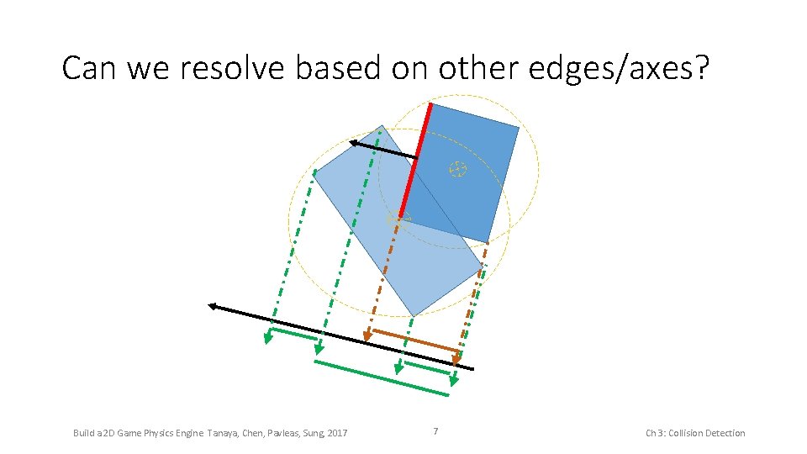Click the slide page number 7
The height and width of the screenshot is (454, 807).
pyautogui.click(x=435, y=432)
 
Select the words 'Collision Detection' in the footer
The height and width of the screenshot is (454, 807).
pyautogui.click(x=707, y=433)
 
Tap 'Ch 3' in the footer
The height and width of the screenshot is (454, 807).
pyautogui.click(x=654, y=433)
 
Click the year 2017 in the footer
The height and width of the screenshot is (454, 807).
pyautogui.click(x=337, y=433)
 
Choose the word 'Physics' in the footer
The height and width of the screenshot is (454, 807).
pyautogui.click(x=148, y=433)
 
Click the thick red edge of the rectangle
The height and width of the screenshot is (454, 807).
pyautogui.click(x=415, y=160)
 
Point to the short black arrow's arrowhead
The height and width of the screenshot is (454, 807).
pyautogui.click(x=354, y=144)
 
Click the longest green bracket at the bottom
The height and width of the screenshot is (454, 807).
pyautogui.click(x=382, y=377)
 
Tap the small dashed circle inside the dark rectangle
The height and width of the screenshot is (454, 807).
pyautogui.click(x=457, y=169)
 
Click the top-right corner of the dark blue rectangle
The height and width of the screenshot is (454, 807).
pyautogui.click(x=519, y=127)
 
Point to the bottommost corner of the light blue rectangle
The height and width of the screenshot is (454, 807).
pyautogui.click(x=414, y=316)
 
